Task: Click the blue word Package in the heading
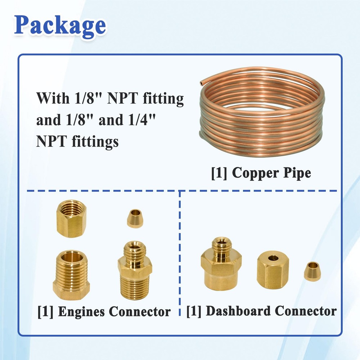[60, 26]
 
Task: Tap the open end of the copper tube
[202, 83]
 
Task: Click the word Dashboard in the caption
[238, 311]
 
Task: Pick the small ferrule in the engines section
[135, 219]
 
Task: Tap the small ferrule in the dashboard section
[312, 271]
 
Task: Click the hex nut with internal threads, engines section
[71, 219]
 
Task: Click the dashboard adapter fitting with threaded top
[221, 264]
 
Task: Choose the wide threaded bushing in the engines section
[71, 275]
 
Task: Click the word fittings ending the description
[95, 141]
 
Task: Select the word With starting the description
[53, 98]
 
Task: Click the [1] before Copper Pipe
[219, 173]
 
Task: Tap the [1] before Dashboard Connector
[194, 311]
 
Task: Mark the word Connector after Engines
[140, 312]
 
